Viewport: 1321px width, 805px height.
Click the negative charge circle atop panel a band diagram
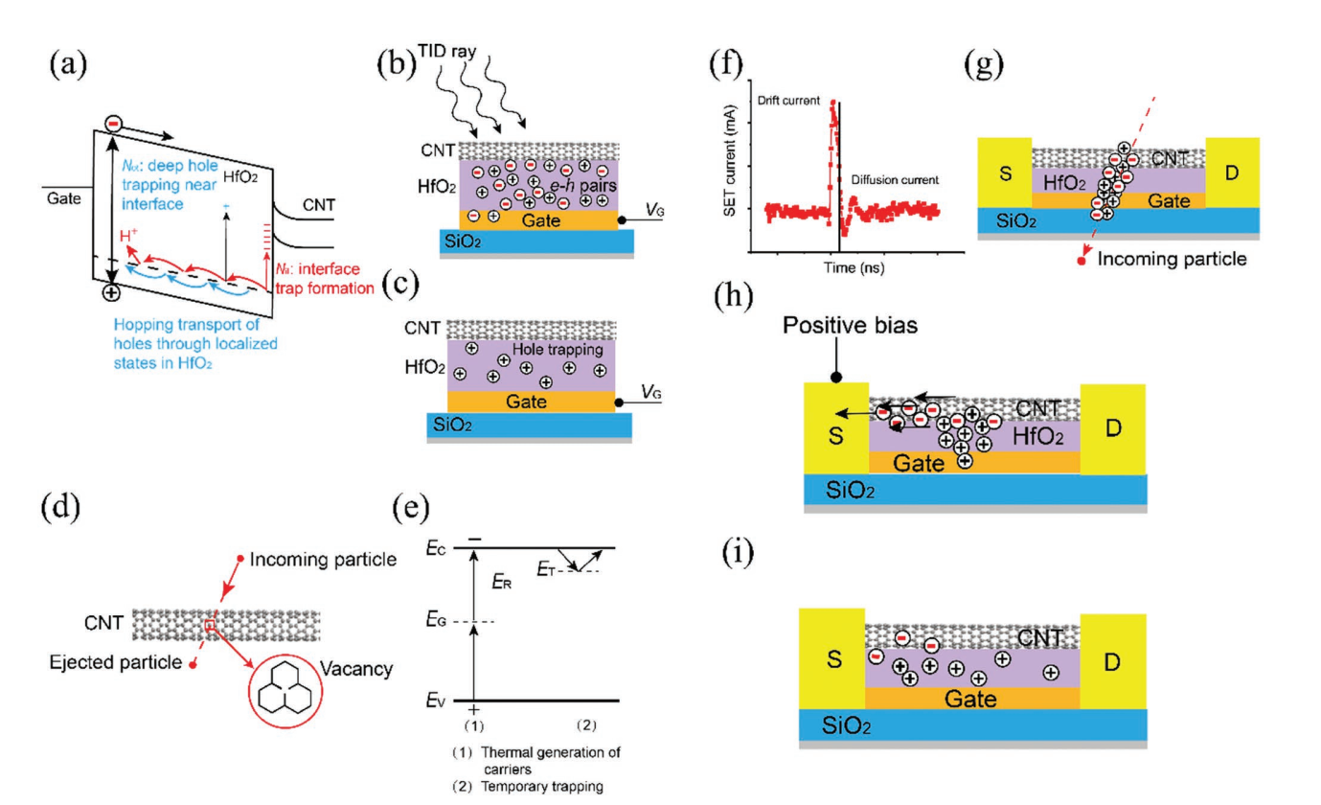tap(113, 123)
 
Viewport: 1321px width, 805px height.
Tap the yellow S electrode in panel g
tap(1003, 182)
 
